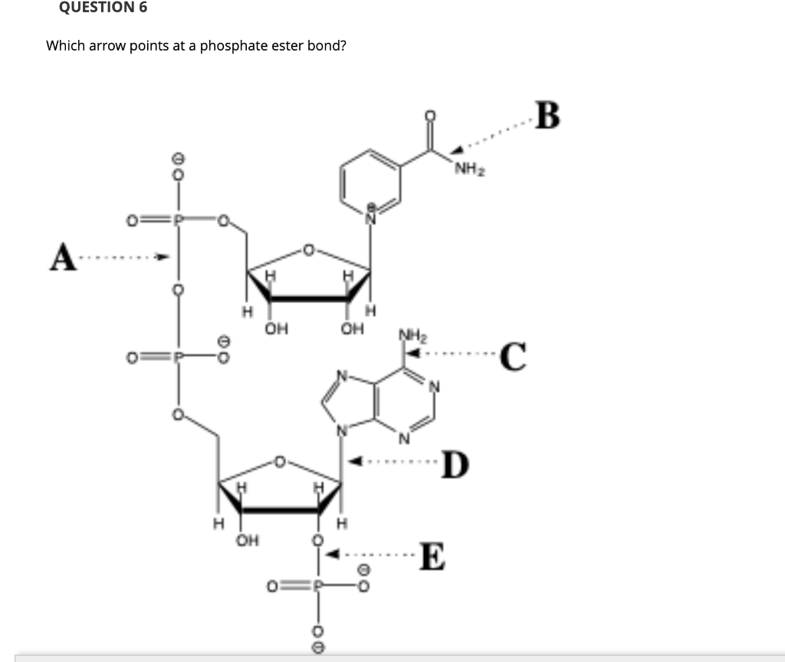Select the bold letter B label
(549, 117)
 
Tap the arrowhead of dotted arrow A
(162, 258)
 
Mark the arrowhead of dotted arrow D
(354, 463)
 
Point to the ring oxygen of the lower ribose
(281, 462)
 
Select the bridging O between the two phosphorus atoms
(177, 290)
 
